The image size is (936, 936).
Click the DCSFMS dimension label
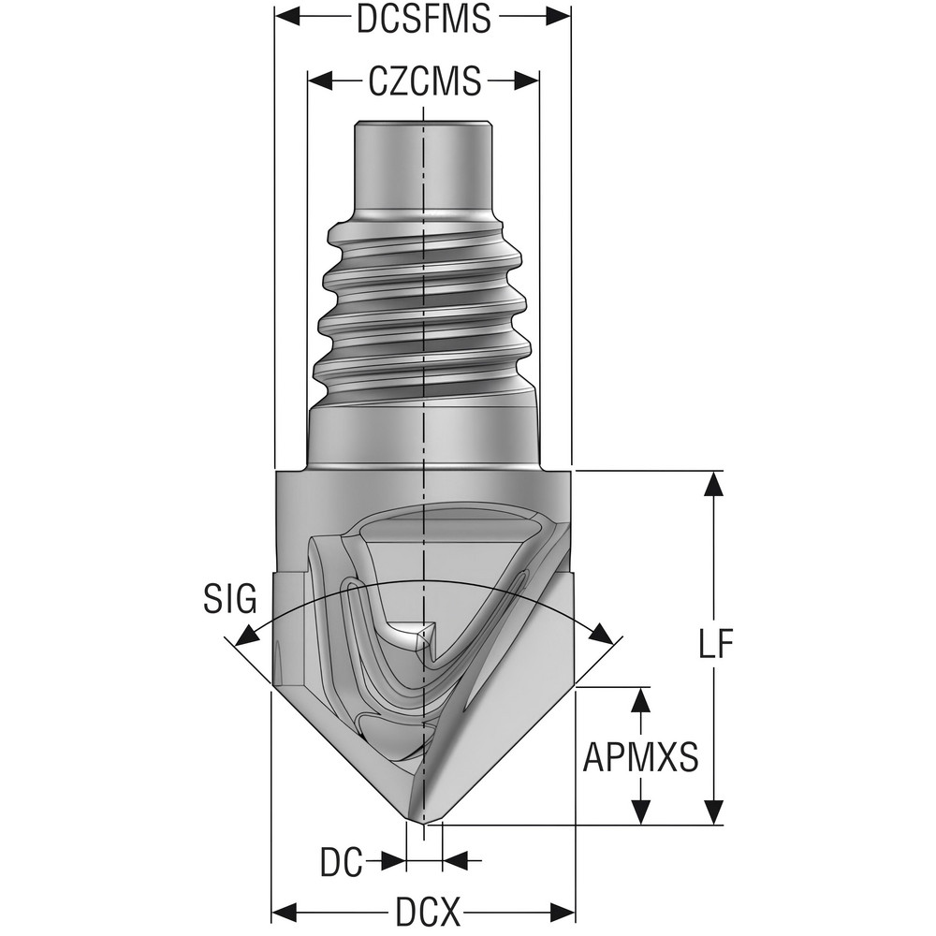423,19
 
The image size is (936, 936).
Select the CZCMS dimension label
424,81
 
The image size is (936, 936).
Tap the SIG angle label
229,598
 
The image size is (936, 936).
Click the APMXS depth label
641,756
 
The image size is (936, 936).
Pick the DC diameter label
341,862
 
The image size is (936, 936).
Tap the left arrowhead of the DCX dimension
284,911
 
